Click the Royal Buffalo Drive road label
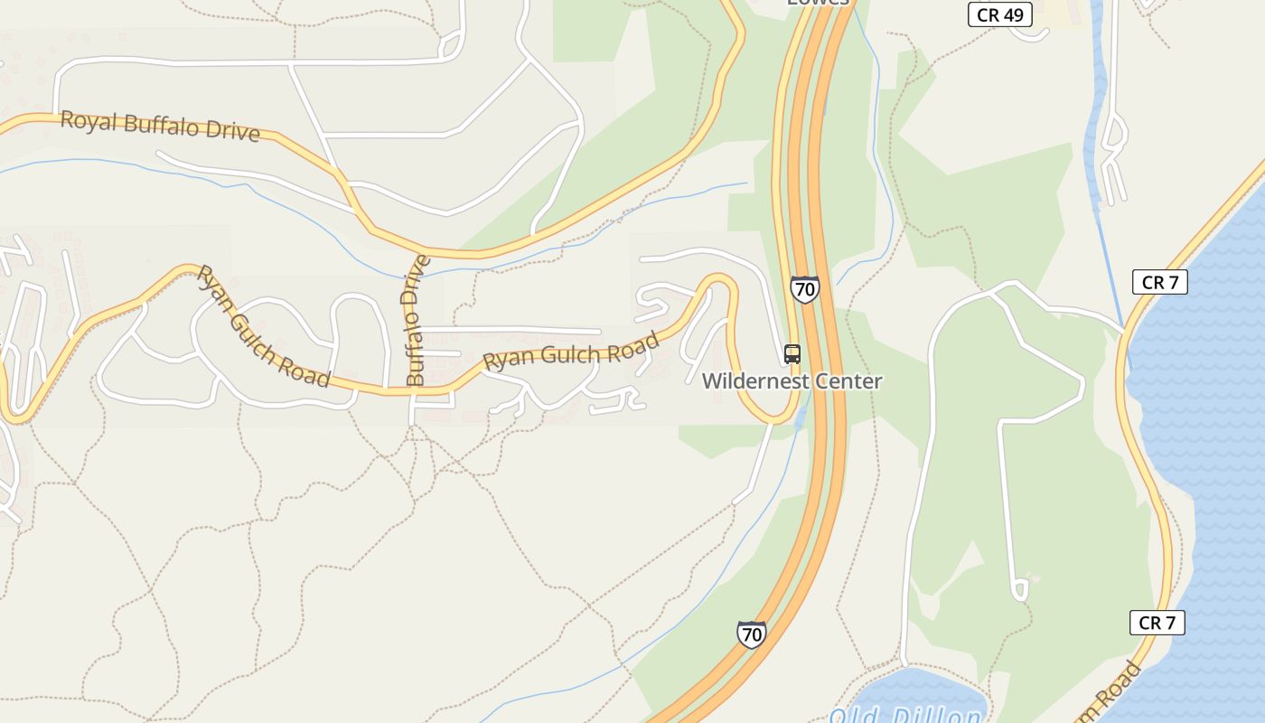pyautogui.click(x=160, y=126)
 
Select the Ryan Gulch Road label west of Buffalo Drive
pyautogui.click(x=262, y=326)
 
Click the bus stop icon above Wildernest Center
pyautogui.click(x=792, y=354)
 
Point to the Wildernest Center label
pyautogui.click(x=792, y=380)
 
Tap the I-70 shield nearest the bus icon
pyautogui.click(x=804, y=289)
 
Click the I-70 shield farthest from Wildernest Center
pyautogui.click(x=752, y=634)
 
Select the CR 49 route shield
pyautogui.click(x=999, y=14)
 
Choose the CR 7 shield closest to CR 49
pyautogui.click(x=1159, y=282)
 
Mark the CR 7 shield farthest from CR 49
pyautogui.click(x=1157, y=623)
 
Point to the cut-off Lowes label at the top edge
pyautogui.click(x=818, y=3)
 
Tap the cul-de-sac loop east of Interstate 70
pyautogui.click(x=1020, y=591)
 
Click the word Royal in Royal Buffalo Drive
pyautogui.click(x=88, y=120)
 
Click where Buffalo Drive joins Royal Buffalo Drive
pyautogui.click(x=421, y=250)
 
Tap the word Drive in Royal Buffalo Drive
pyautogui.click(x=231, y=132)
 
